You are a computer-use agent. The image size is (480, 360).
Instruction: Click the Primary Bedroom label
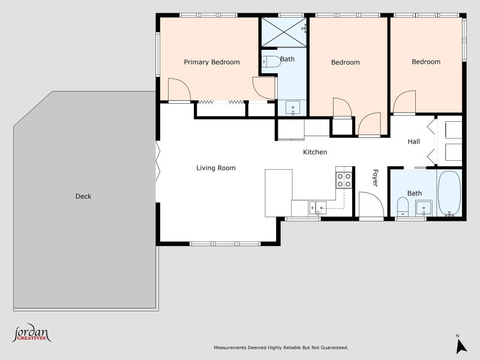pyautogui.click(x=212, y=62)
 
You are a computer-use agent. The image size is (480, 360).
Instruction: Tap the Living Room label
pyautogui.click(x=216, y=168)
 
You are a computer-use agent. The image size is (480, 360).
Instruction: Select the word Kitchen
pyautogui.click(x=315, y=152)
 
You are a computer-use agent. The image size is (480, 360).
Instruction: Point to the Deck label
pyautogui.click(x=83, y=196)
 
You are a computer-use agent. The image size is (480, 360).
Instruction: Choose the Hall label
pyautogui.click(x=413, y=142)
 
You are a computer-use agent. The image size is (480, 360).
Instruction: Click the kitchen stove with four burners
pyautogui.click(x=344, y=181)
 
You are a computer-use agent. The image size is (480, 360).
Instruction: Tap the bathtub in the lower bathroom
pyautogui.click(x=449, y=193)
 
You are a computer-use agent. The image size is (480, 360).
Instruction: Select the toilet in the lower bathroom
pyautogui.click(x=403, y=206)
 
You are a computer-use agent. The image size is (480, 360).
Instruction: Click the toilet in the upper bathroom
pyautogui.click(x=272, y=62)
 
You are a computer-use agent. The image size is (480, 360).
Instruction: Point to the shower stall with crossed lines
pyautogui.click(x=284, y=32)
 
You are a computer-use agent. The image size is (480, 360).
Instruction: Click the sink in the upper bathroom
pyautogui.click(x=293, y=107)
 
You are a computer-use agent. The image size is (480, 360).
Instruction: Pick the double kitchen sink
pyautogui.click(x=317, y=208)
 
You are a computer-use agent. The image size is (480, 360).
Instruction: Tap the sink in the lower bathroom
pyautogui.click(x=424, y=208)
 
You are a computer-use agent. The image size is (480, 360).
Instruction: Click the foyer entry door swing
pyautogui.click(x=371, y=205)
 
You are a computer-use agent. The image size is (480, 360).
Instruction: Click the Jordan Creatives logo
pyautogui.click(x=32, y=333)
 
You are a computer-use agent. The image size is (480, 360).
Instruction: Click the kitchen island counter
pyautogui.click(x=278, y=193)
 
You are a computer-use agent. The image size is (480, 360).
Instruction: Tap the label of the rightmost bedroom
pyautogui.click(x=426, y=62)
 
